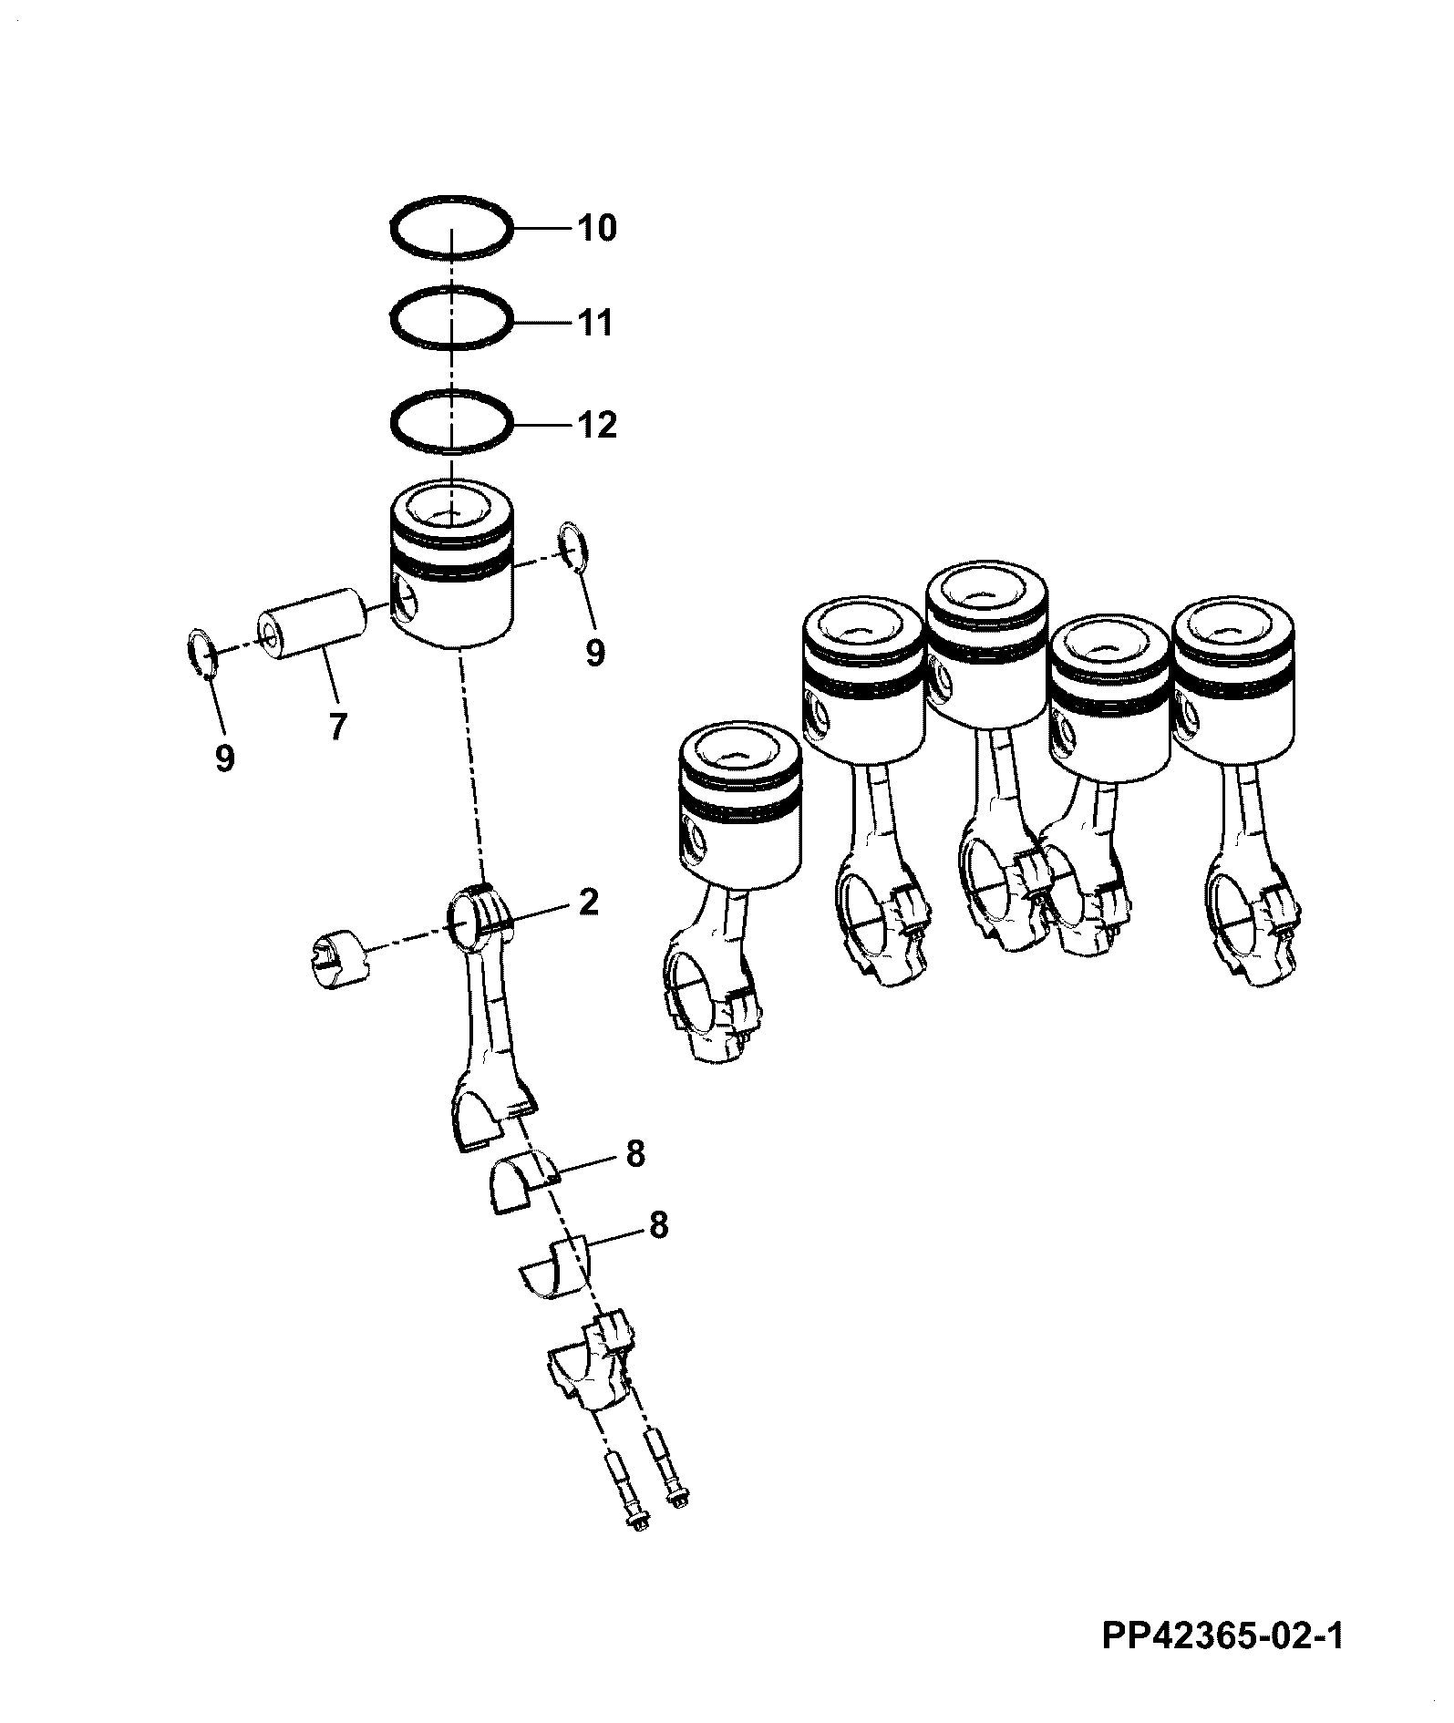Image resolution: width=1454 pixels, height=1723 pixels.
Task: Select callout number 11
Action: coord(596,324)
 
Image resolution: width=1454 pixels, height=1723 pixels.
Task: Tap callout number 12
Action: coord(596,425)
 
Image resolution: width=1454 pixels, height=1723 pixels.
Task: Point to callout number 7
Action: coord(337,727)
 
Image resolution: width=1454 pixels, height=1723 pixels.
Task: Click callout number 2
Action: coord(589,903)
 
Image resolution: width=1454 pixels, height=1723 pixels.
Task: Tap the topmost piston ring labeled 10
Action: coord(449,224)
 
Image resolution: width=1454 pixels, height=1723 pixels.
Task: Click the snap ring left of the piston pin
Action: coord(200,653)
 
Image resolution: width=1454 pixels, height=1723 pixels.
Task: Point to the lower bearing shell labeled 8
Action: coord(557,1265)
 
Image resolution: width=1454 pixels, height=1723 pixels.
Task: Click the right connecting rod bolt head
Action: coord(678,1496)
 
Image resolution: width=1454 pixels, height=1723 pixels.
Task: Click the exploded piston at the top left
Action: coord(450,564)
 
